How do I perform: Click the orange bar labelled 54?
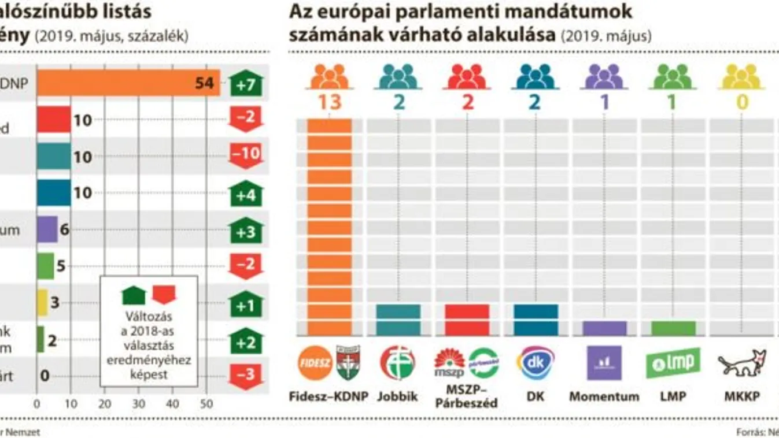[128, 83]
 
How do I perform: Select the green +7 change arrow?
[246, 84]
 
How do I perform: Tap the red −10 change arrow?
[246, 155]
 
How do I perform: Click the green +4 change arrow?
[246, 193]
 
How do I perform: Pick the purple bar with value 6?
[47, 229]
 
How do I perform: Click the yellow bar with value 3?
[42, 302]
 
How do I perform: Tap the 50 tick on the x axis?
[206, 404]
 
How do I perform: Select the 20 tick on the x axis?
[105, 404]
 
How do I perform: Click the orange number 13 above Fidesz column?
[329, 102]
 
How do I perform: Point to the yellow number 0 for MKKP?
[742, 102]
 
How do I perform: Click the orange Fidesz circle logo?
[315, 363]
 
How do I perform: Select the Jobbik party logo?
[397, 363]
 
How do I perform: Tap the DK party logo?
[536, 363]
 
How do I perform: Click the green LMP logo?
[673, 363]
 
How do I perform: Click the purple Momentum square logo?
[604, 363]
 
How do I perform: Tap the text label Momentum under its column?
[604, 396]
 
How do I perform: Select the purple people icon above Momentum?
[604, 76]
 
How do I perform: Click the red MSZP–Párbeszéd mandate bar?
[467, 320]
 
